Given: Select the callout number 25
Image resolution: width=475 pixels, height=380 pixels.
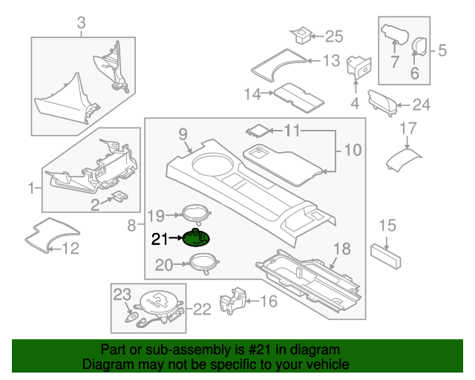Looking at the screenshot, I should point(335,36).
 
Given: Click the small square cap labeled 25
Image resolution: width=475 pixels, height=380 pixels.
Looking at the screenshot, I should point(301,34).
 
